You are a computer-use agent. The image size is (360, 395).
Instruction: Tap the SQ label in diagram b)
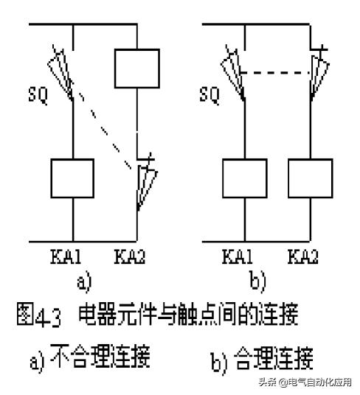click(210, 96)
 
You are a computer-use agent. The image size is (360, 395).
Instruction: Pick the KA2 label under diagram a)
click(133, 258)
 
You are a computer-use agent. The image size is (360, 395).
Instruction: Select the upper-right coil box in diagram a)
click(137, 69)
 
